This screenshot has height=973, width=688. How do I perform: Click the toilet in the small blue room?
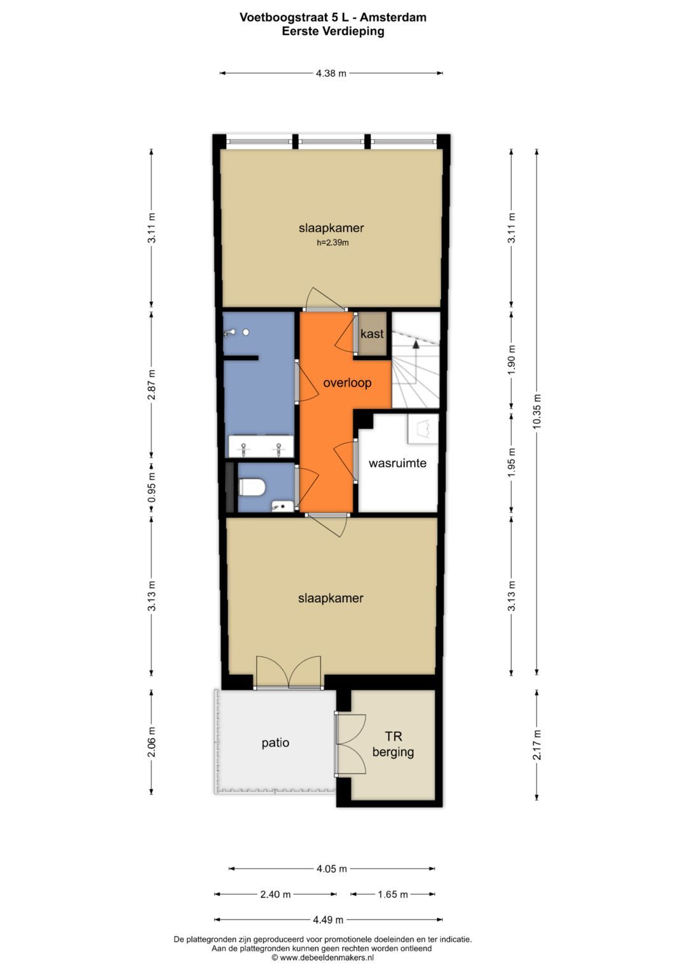coord(252,487)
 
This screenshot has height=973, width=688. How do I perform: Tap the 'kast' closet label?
coord(372,334)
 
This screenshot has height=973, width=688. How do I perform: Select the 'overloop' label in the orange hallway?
coord(347,383)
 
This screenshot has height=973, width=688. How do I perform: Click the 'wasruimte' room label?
coord(398,463)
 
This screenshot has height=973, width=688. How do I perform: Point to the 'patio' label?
coord(275,742)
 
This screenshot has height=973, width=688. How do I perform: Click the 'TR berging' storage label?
coord(393,744)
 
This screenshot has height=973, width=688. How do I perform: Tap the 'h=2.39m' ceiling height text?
coord(333,243)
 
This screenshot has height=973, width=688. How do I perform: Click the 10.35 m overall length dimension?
coord(537,412)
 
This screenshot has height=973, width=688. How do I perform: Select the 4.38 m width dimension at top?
coord(331,73)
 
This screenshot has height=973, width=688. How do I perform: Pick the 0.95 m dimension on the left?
coord(152,487)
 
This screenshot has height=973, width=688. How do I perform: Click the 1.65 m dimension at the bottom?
coord(392,894)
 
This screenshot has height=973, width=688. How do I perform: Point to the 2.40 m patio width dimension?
coord(275,894)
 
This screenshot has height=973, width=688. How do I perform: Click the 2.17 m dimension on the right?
coord(537,745)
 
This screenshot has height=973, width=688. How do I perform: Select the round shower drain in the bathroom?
coord(246,332)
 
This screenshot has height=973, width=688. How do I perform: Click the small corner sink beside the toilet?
coord(283,505)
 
